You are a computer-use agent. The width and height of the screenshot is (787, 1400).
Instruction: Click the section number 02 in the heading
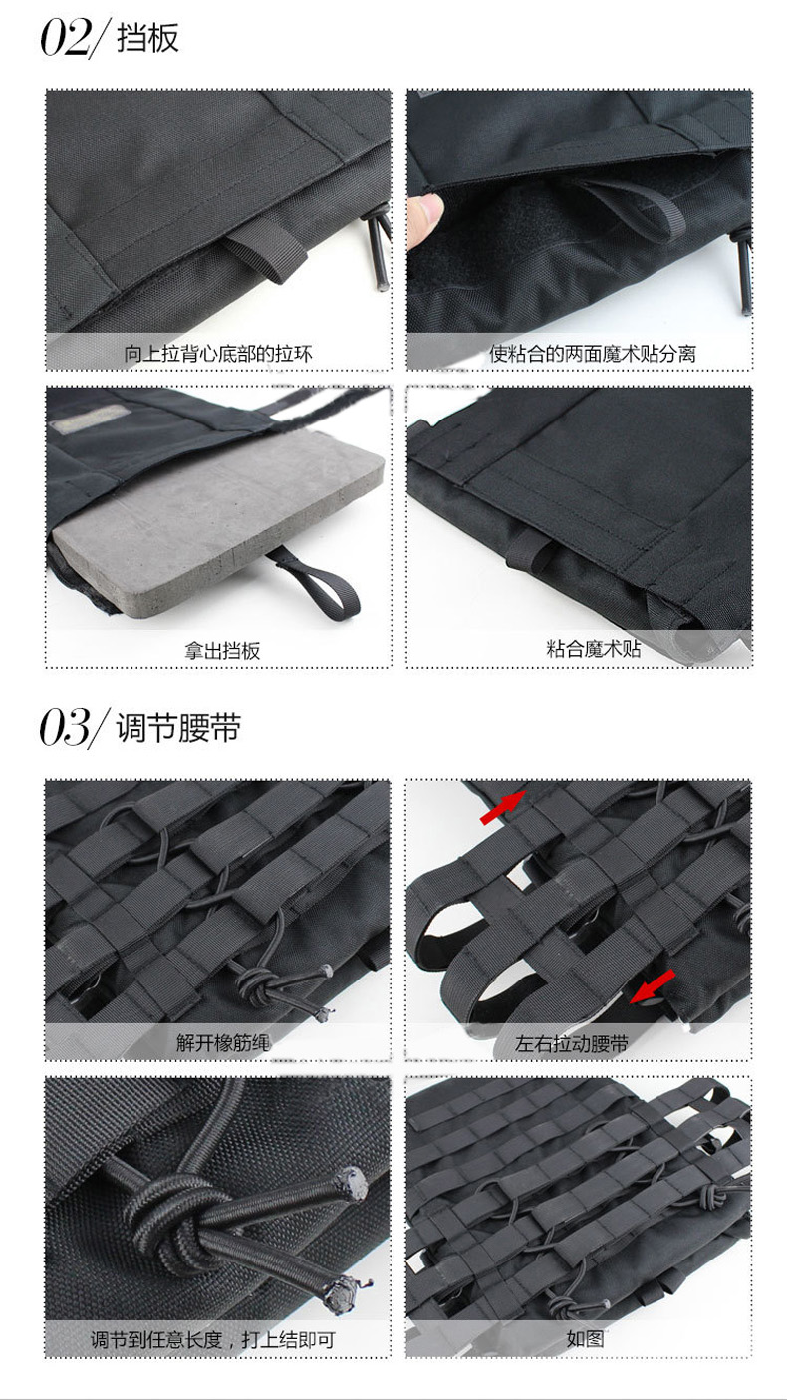click(65, 38)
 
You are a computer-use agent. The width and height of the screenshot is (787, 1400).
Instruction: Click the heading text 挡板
click(148, 38)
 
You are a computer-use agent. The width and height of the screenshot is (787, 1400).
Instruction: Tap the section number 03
click(65, 727)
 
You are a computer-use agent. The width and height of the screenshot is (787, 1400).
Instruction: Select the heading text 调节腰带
click(178, 728)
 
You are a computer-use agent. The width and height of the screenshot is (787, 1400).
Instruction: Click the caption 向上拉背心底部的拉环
click(217, 354)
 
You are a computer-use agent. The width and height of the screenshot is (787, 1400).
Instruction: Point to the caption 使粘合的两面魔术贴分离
click(592, 354)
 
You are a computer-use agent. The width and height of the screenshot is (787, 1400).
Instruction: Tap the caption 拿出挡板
click(222, 651)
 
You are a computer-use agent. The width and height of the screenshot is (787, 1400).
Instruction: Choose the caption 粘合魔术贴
click(594, 648)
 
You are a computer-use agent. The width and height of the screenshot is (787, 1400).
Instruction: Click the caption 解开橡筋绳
click(223, 1043)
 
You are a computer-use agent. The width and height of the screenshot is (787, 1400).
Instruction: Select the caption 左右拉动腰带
click(571, 1043)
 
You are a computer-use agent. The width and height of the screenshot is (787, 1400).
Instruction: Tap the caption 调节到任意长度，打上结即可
click(212, 1339)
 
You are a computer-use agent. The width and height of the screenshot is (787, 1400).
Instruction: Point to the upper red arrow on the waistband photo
click(503, 807)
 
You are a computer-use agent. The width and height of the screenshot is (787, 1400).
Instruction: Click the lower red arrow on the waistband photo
click(653, 986)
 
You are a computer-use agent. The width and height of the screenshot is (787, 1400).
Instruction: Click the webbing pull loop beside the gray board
click(319, 584)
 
